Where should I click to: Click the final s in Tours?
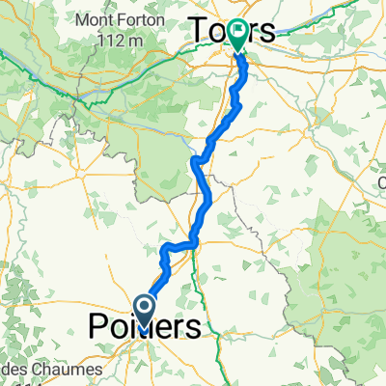tap(265, 30)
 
